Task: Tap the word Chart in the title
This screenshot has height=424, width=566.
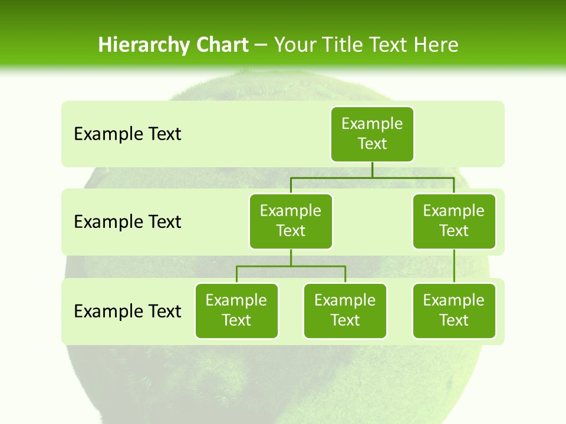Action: coord(219,45)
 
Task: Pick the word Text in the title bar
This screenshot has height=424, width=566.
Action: coord(390,45)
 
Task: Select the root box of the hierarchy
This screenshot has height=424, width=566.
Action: coord(372,134)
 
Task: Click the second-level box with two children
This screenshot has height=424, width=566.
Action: coord(291,221)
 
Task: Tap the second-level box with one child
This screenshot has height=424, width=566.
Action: coord(454,221)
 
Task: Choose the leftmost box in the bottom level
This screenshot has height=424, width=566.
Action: coord(236,310)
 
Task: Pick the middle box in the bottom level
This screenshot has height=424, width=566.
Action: coord(345,310)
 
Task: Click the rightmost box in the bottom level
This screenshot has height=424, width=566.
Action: coord(454,310)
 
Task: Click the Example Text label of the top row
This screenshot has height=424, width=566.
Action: coord(127,134)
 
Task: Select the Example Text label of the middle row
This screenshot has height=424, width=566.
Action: coord(127,222)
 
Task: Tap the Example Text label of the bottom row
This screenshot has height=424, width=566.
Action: coord(127,311)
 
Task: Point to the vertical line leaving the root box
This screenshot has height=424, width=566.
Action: coord(372,170)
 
